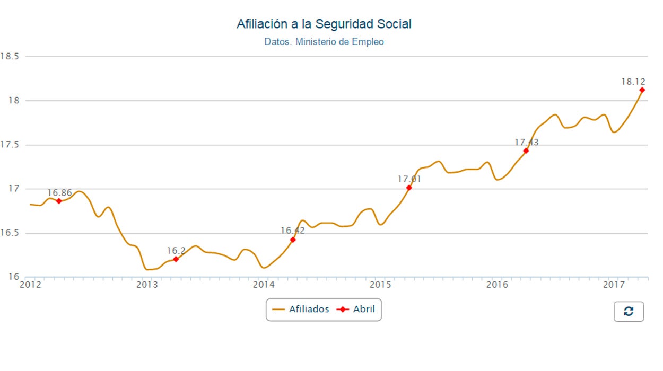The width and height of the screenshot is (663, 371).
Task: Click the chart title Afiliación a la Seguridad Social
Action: click(324, 24)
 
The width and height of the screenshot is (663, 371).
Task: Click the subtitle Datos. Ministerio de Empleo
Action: click(324, 41)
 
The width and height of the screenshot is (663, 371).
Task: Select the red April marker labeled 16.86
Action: click(59, 201)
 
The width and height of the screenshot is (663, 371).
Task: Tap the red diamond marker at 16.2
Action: click(176, 259)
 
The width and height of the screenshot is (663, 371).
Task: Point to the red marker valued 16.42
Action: click(293, 240)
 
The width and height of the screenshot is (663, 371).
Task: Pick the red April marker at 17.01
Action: click(409, 188)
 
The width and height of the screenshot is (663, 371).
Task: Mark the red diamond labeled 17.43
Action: click(526, 151)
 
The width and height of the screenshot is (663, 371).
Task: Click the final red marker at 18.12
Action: click(642, 90)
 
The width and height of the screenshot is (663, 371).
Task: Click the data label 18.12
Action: click(633, 82)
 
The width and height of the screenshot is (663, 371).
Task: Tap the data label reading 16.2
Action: click(176, 251)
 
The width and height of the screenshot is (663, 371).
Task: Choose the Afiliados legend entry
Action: click(301, 309)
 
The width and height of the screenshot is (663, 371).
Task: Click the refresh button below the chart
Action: click(629, 312)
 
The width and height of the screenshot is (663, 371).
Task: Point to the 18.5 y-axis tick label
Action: click(10, 56)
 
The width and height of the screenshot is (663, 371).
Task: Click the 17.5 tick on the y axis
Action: click(10, 145)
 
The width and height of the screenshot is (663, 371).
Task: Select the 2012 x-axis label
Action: click(30, 285)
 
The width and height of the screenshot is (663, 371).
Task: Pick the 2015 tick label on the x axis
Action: click(380, 285)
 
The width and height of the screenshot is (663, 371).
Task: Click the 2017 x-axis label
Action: click(614, 285)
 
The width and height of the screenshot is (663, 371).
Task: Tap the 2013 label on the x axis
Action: click(147, 285)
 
